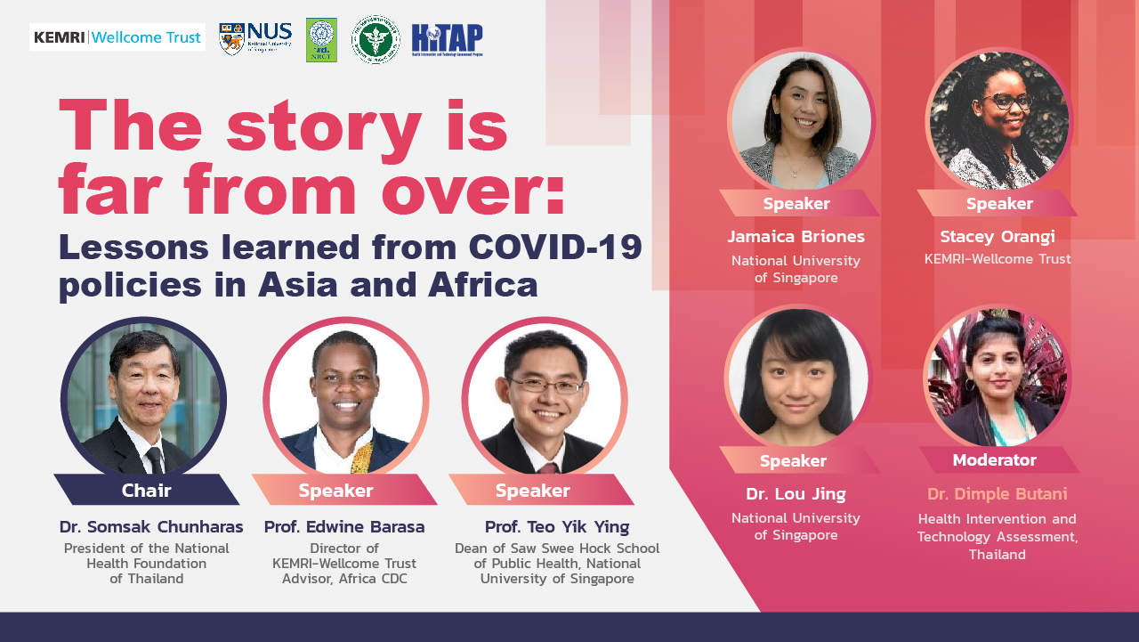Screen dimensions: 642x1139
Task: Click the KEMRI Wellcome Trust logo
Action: tap(117, 37)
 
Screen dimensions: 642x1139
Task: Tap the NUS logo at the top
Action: tap(255, 39)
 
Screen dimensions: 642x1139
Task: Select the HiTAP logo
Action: tap(447, 40)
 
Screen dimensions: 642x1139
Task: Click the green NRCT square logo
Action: tap(321, 40)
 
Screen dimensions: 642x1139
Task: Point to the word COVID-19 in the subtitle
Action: tap(555, 247)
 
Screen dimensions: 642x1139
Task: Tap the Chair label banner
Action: tap(147, 490)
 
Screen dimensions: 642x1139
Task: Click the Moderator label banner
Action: tap(995, 460)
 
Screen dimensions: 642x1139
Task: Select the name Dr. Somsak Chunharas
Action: tap(151, 526)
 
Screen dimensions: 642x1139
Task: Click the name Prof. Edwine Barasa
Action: tap(344, 526)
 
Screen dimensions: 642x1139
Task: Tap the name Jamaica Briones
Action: tap(796, 237)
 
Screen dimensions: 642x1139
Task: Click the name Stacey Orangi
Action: tap(998, 237)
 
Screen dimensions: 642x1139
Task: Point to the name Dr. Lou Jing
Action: tap(796, 494)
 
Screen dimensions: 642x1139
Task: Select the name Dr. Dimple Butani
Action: tap(998, 494)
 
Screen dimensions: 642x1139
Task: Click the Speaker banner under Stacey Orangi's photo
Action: tap(998, 204)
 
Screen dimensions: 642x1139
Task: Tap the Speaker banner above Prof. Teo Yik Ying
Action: tap(533, 491)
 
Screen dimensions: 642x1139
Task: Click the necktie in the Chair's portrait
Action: tap(155, 459)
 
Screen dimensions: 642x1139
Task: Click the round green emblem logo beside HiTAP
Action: tap(376, 40)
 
